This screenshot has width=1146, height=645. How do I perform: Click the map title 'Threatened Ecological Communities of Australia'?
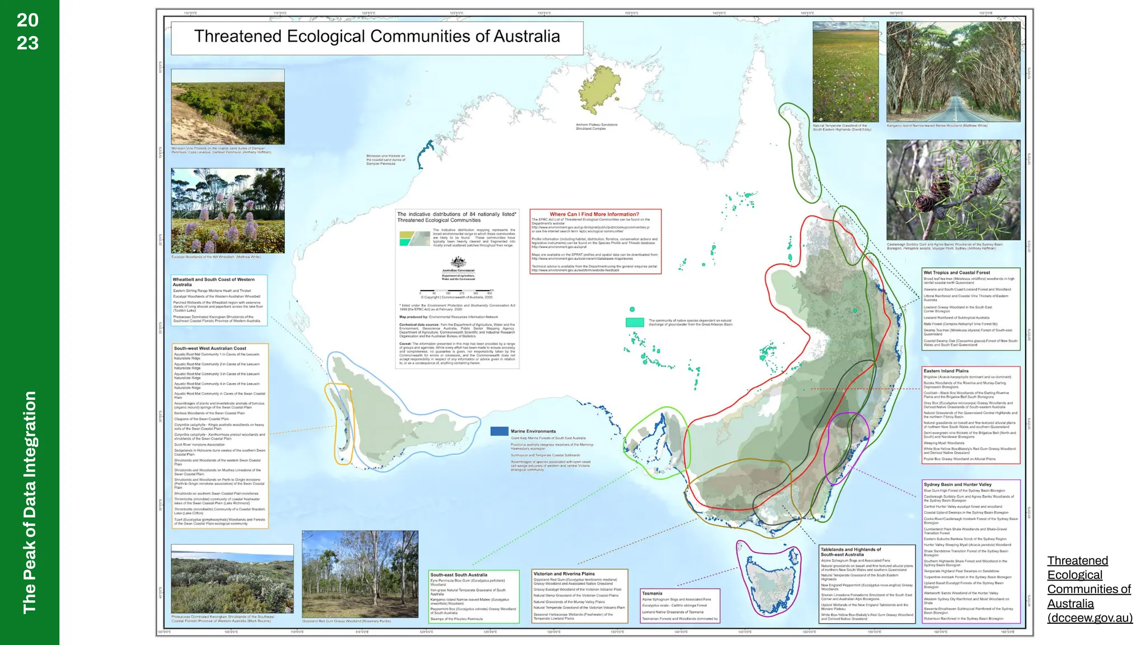pos(377,37)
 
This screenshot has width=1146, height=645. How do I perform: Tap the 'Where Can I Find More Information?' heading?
pos(594,214)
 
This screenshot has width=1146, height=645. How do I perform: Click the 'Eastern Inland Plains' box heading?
pos(946,371)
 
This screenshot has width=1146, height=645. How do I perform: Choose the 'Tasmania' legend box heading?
pos(652,593)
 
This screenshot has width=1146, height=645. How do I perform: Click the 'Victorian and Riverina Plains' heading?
pos(564,574)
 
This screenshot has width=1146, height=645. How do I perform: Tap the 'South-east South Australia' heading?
pos(459,575)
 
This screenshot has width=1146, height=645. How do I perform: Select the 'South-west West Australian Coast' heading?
pos(210,348)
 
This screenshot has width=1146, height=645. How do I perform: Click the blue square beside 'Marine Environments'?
pos(499,431)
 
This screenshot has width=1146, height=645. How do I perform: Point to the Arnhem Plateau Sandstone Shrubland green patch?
pos(599,90)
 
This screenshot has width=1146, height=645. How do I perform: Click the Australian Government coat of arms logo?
pos(458,262)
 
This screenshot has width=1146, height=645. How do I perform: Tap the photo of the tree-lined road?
pos(953,72)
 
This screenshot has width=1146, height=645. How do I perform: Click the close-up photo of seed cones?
pos(953,190)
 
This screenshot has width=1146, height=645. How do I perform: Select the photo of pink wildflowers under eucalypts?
pos(228,211)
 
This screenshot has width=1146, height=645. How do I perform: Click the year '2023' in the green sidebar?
pos(27,31)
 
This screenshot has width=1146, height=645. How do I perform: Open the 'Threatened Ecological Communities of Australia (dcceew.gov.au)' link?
pos(1089,589)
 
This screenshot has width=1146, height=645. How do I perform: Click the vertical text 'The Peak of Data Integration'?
pos(29,502)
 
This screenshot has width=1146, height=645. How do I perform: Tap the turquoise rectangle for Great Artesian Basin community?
pos(635,322)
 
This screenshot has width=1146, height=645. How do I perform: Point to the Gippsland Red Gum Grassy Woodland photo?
pos(360,574)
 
